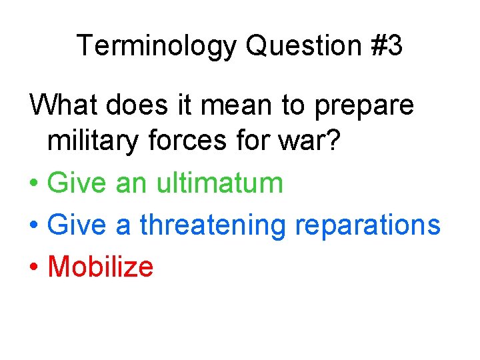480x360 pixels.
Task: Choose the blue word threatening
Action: pyautogui.click(x=212, y=225)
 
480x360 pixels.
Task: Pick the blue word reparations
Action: pyautogui.click(x=367, y=225)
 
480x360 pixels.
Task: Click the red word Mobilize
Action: pyautogui.click(x=101, y=267)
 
